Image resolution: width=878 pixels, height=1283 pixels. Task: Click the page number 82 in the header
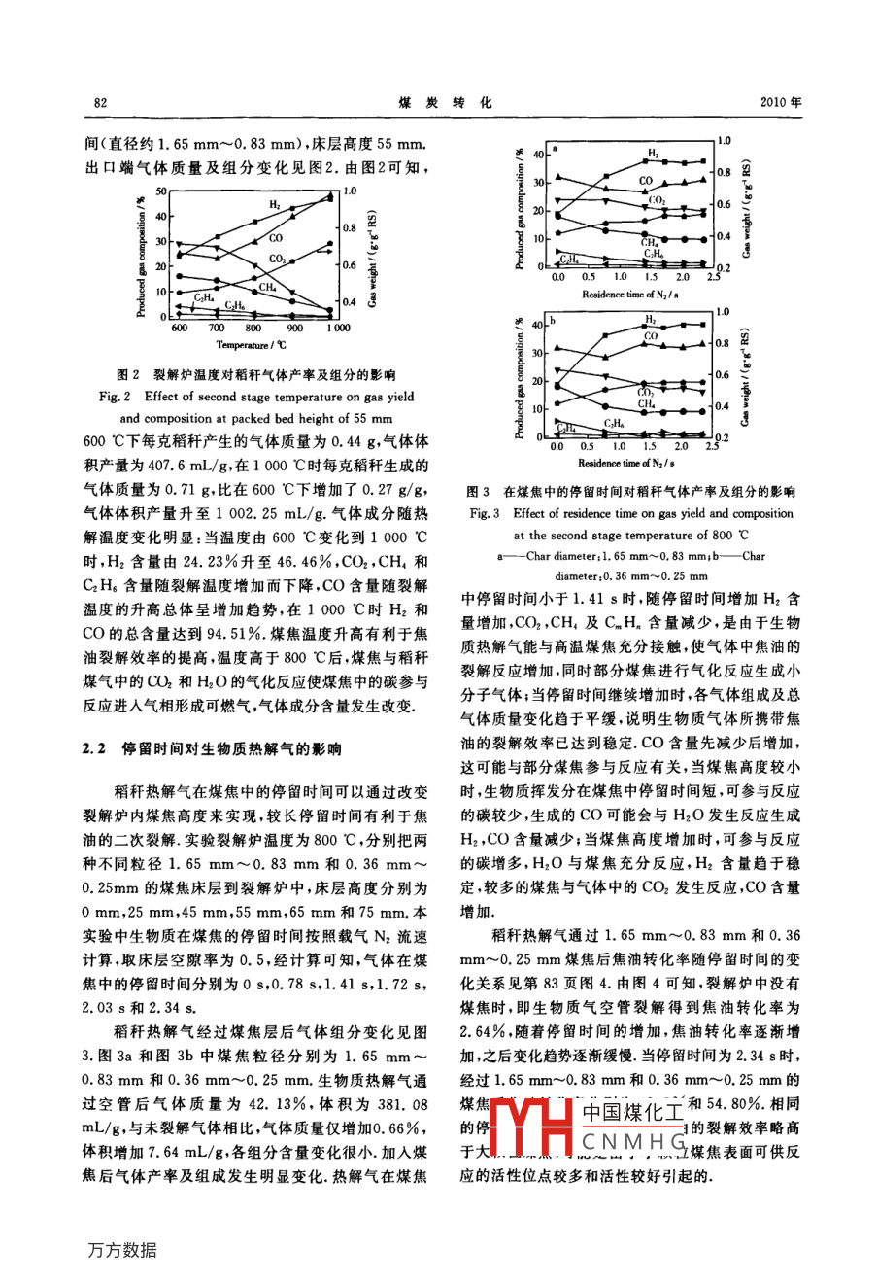pos(99,103)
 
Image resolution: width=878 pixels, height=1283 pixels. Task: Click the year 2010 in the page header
pos(778,103)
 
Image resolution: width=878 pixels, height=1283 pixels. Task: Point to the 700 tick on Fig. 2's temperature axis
pos(217,329)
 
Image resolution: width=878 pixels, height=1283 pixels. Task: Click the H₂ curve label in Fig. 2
pos(276,205)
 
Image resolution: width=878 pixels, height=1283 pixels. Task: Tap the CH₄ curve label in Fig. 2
pos(267,287)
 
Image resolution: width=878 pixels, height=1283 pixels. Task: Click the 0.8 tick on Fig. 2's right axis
pos(350,227)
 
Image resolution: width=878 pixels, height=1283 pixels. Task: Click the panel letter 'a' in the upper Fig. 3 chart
pos(554,149)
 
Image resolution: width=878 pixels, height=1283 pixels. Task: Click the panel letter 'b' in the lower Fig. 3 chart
pos(554,320)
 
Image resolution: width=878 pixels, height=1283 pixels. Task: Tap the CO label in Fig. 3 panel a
pos(646,181)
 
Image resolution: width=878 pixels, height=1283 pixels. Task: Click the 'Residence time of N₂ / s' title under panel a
pos(630,294)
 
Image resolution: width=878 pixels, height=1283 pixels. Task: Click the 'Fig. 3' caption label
pos(485,514)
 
